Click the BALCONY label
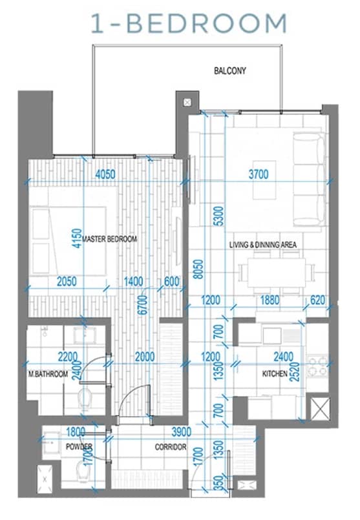[230, 71]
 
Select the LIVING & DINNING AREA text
[263, 245]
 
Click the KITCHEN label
[275, 374]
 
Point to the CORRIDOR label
[171, 447]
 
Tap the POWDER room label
[78, 447]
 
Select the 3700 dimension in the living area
[257, 173]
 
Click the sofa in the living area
[309, 181]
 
